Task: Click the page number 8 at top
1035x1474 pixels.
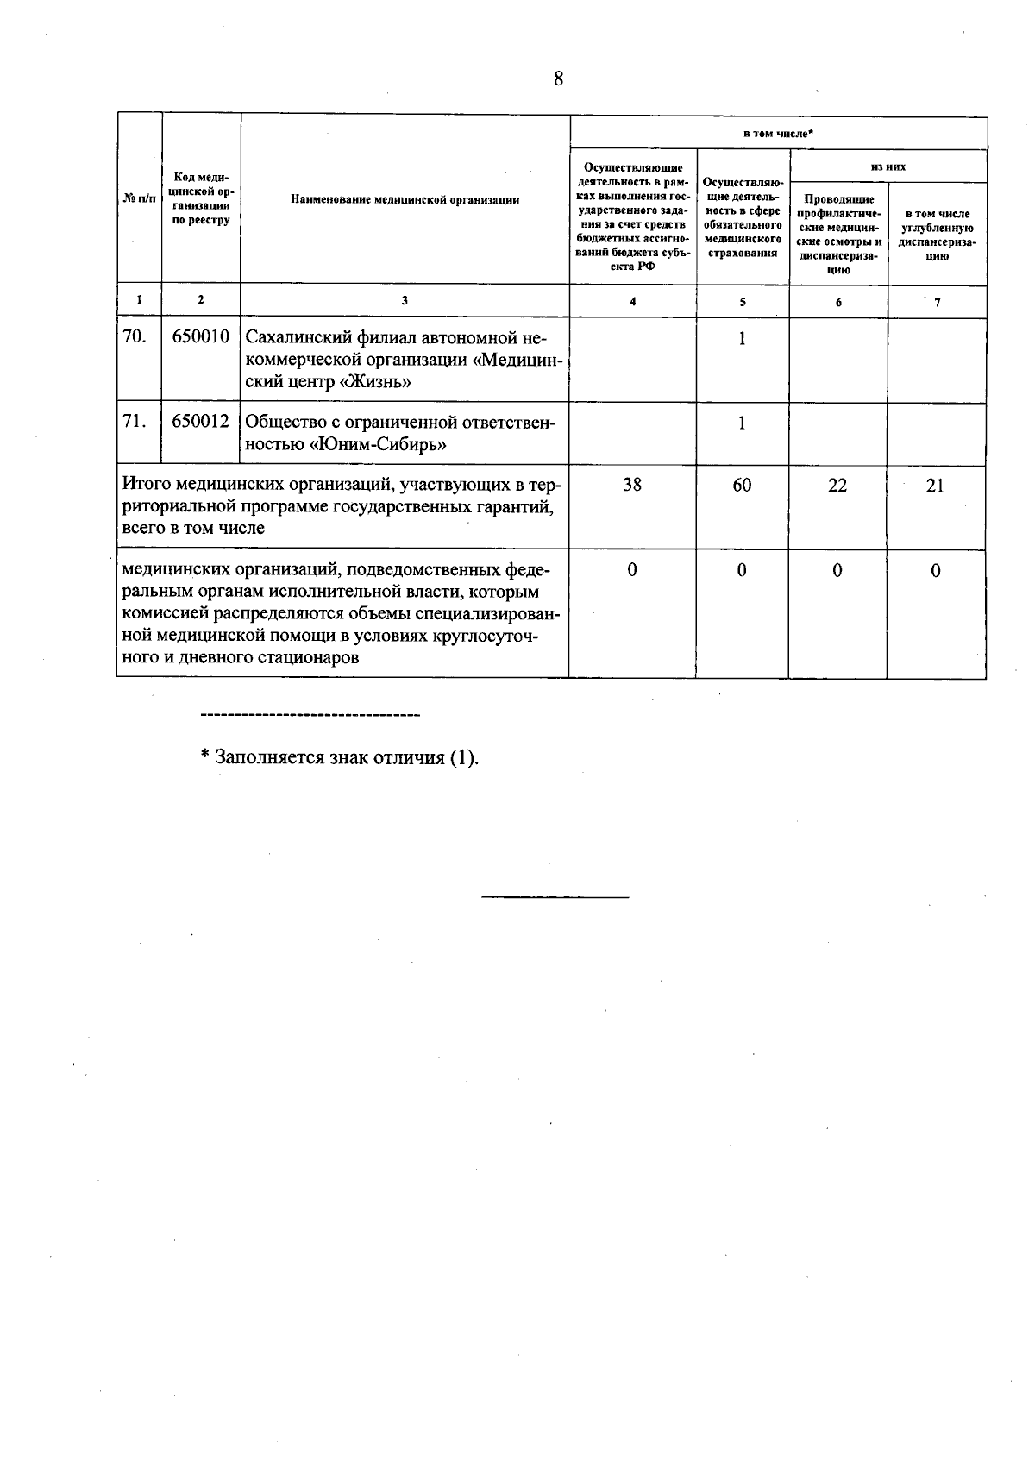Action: (x=558, y=79)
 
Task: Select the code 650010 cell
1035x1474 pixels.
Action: (x=200, y=336)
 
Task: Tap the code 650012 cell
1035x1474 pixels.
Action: (x=200, y=422)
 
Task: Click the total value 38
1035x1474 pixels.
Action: (x=632, y=486)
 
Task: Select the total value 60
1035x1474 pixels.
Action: (x=742, y=486)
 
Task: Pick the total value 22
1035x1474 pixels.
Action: (x=837, y=486)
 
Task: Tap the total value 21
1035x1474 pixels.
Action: (x=935, y=486)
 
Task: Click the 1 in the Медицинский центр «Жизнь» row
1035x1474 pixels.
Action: (x=742, y=338)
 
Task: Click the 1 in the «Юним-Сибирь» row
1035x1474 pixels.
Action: (x=742, y=423)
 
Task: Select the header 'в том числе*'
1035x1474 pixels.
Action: (x=778, y=134)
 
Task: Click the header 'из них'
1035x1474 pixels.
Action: (x=888, y=166)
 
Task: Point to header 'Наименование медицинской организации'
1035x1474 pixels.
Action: (x=405, y=200)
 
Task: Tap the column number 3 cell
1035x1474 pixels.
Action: (x=405, y=300)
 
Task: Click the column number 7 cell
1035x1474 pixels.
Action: (x=937, y=301)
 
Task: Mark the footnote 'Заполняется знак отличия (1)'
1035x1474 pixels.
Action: (x=339, y=757)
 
